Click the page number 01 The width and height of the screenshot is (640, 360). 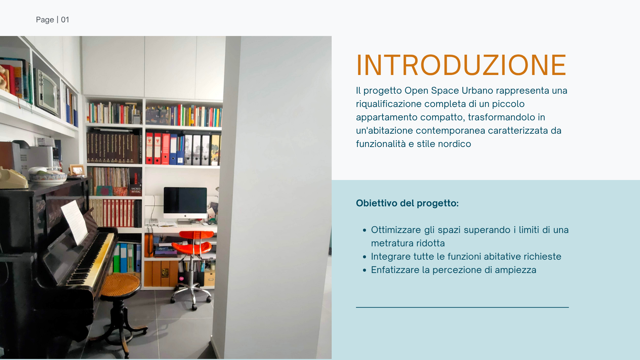[x=65, y=20]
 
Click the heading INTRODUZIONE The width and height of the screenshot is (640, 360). [x=461, y=65]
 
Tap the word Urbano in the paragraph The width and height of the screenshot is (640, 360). [x=477, y=90]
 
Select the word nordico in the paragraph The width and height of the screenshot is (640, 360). [x=454, y=144]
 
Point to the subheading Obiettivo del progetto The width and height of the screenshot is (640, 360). [x=407, y=203]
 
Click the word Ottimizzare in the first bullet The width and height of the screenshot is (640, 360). [x=396, y=230]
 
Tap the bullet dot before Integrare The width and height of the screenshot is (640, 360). [x=364, y=257]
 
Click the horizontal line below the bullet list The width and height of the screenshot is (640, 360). [x=462, y=307]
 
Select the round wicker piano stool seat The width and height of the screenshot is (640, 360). [x=120, y=285]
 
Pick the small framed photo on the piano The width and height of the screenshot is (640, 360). [x=77, y=170]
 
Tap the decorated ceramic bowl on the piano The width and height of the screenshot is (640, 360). [x=48, y=176]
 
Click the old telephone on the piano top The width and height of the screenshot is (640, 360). [x=13, y=178]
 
